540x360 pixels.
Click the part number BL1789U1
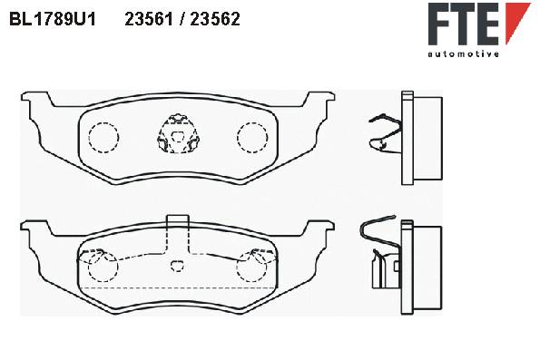53,19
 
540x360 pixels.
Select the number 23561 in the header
149,19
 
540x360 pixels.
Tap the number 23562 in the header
215,19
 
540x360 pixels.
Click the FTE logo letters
464,24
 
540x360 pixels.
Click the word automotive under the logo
464,54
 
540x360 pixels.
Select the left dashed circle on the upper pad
103,138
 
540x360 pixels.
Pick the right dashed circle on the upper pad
252,138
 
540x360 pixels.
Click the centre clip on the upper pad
178,133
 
